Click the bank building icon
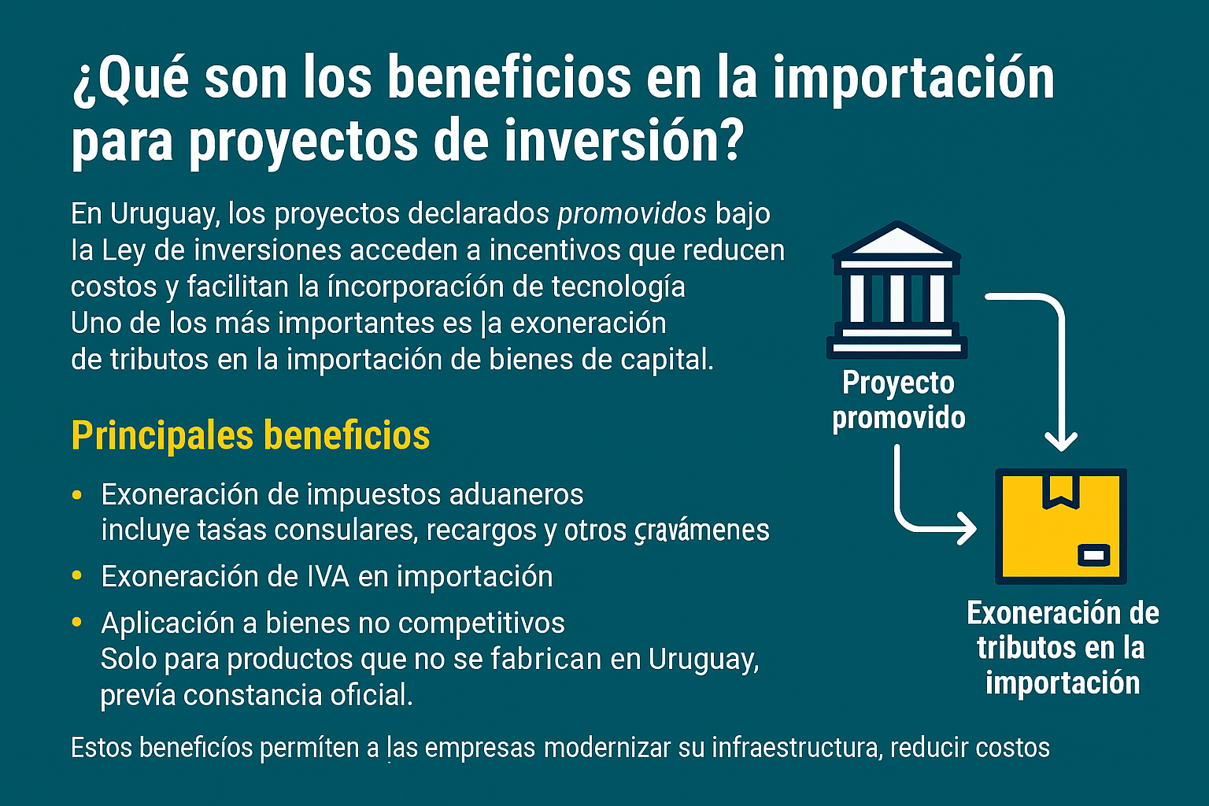pos(897,291)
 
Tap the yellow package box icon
pos(1060,527)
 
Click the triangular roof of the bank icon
pos(897,241)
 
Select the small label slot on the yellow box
pos(1094,555)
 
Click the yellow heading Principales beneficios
pos(250,435)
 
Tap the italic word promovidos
pos(632,213)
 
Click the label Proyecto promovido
pos(899,400)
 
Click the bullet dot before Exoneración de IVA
pos(76,575)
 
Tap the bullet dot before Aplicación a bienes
pos(76,622)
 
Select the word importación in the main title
pos(913,78)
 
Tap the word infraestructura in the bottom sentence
pos(796,747)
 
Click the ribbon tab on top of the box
pos(1060,490)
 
